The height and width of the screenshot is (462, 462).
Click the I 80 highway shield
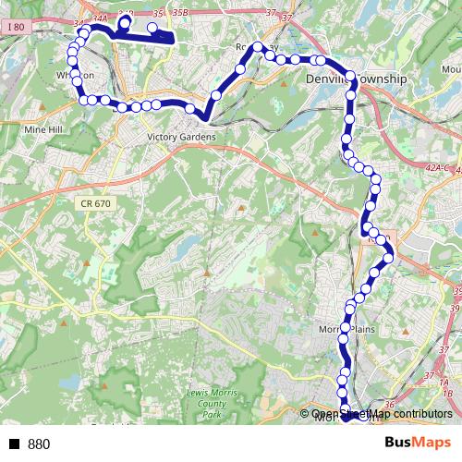tap(14, 29)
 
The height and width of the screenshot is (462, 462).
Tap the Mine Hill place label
tap(40, 130)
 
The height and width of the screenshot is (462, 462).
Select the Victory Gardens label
tap(180, 138)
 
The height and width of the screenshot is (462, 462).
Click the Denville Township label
tap(356, 80)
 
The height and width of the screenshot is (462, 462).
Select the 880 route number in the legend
tap(39, 444)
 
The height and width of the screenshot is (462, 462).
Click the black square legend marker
tap(15, 444)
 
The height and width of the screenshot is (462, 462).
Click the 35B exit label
tap(179, 13)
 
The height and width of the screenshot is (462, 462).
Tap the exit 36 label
tap(388, 404)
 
